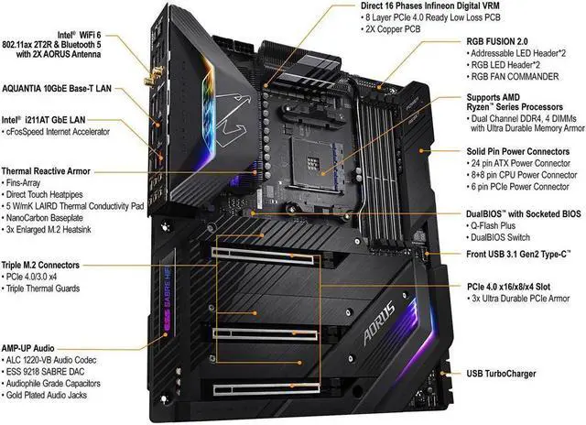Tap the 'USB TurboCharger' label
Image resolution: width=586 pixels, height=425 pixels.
(x=500, y=375)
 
